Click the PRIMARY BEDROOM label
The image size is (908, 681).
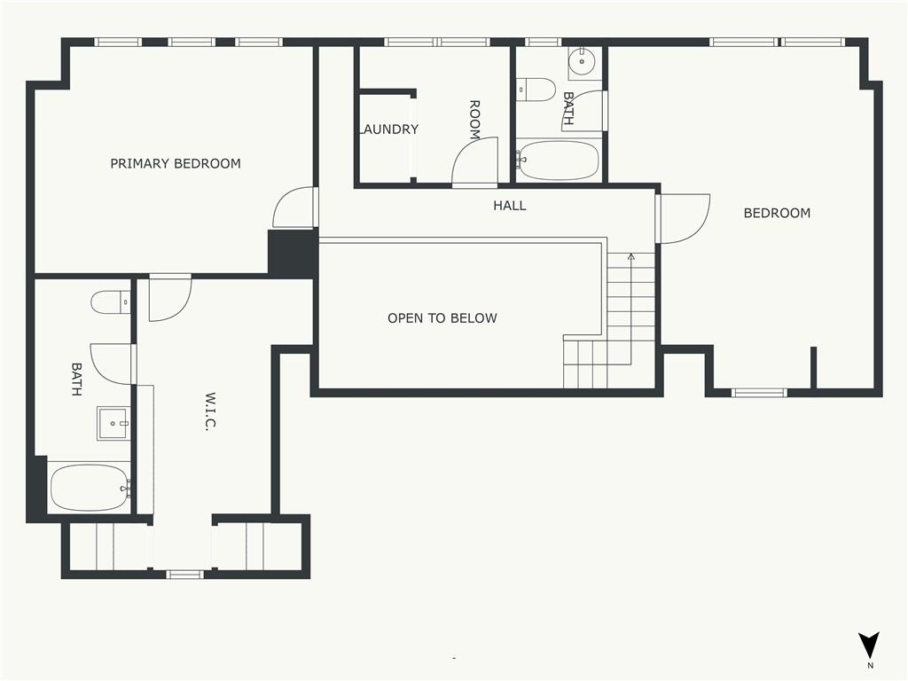tap(176, 164)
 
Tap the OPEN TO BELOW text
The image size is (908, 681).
tap(442, 318)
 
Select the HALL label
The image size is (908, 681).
tap(510, 206)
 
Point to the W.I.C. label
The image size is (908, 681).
tap(209, 411)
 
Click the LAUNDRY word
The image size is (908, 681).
tap(388, 129)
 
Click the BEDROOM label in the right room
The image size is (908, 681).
tap(777, 213)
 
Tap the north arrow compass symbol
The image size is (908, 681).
tap(869, 646)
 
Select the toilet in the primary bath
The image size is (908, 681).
tap(111, 302)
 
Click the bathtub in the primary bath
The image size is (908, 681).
tap(90, 488)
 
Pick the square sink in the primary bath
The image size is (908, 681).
tap(113, 423)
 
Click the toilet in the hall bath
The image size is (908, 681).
tap(536, 90)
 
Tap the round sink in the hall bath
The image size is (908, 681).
tap(582, 61)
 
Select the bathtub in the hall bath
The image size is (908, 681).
tap(558, 160)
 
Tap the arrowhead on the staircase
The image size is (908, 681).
tap(631, 256)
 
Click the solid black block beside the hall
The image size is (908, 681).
tap(293, 253)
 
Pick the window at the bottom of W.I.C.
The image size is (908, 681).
tap(184, 575)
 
